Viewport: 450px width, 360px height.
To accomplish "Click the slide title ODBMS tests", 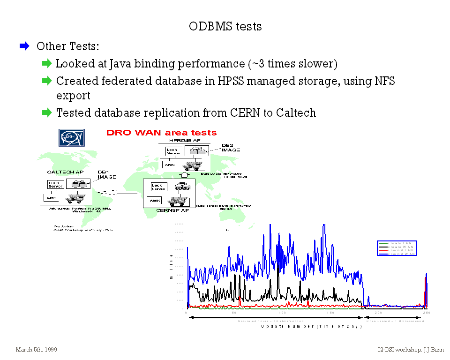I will coord(225,26).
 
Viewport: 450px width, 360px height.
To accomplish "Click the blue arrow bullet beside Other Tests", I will coord(24,46).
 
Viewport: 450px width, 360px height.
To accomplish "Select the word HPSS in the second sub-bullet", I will coord(231,81).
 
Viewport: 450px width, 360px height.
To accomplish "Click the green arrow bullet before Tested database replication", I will coord(46,112).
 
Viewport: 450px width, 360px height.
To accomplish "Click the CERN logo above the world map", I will coord(71,137).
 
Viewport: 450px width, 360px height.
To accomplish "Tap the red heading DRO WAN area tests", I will coord(162,133).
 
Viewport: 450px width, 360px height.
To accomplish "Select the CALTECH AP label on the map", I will coord(65,172).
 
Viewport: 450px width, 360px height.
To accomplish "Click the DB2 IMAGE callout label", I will coord(231,147).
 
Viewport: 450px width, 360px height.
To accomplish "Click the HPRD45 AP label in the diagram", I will coord(185,141).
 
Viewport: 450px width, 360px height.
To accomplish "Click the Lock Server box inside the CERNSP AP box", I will coord(157,187).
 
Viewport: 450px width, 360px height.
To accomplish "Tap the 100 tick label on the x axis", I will coord(282,313).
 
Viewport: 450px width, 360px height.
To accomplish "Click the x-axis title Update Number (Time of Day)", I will coord(311,326).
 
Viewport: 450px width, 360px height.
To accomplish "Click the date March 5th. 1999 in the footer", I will coord(37,350).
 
